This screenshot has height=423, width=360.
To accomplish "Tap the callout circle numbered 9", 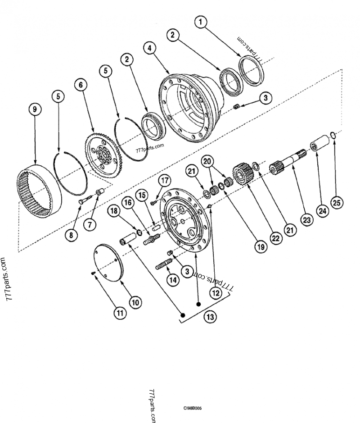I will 35,109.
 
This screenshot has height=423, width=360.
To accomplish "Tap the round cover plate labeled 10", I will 108,263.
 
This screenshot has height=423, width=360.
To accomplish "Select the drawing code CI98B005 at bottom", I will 192,408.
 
